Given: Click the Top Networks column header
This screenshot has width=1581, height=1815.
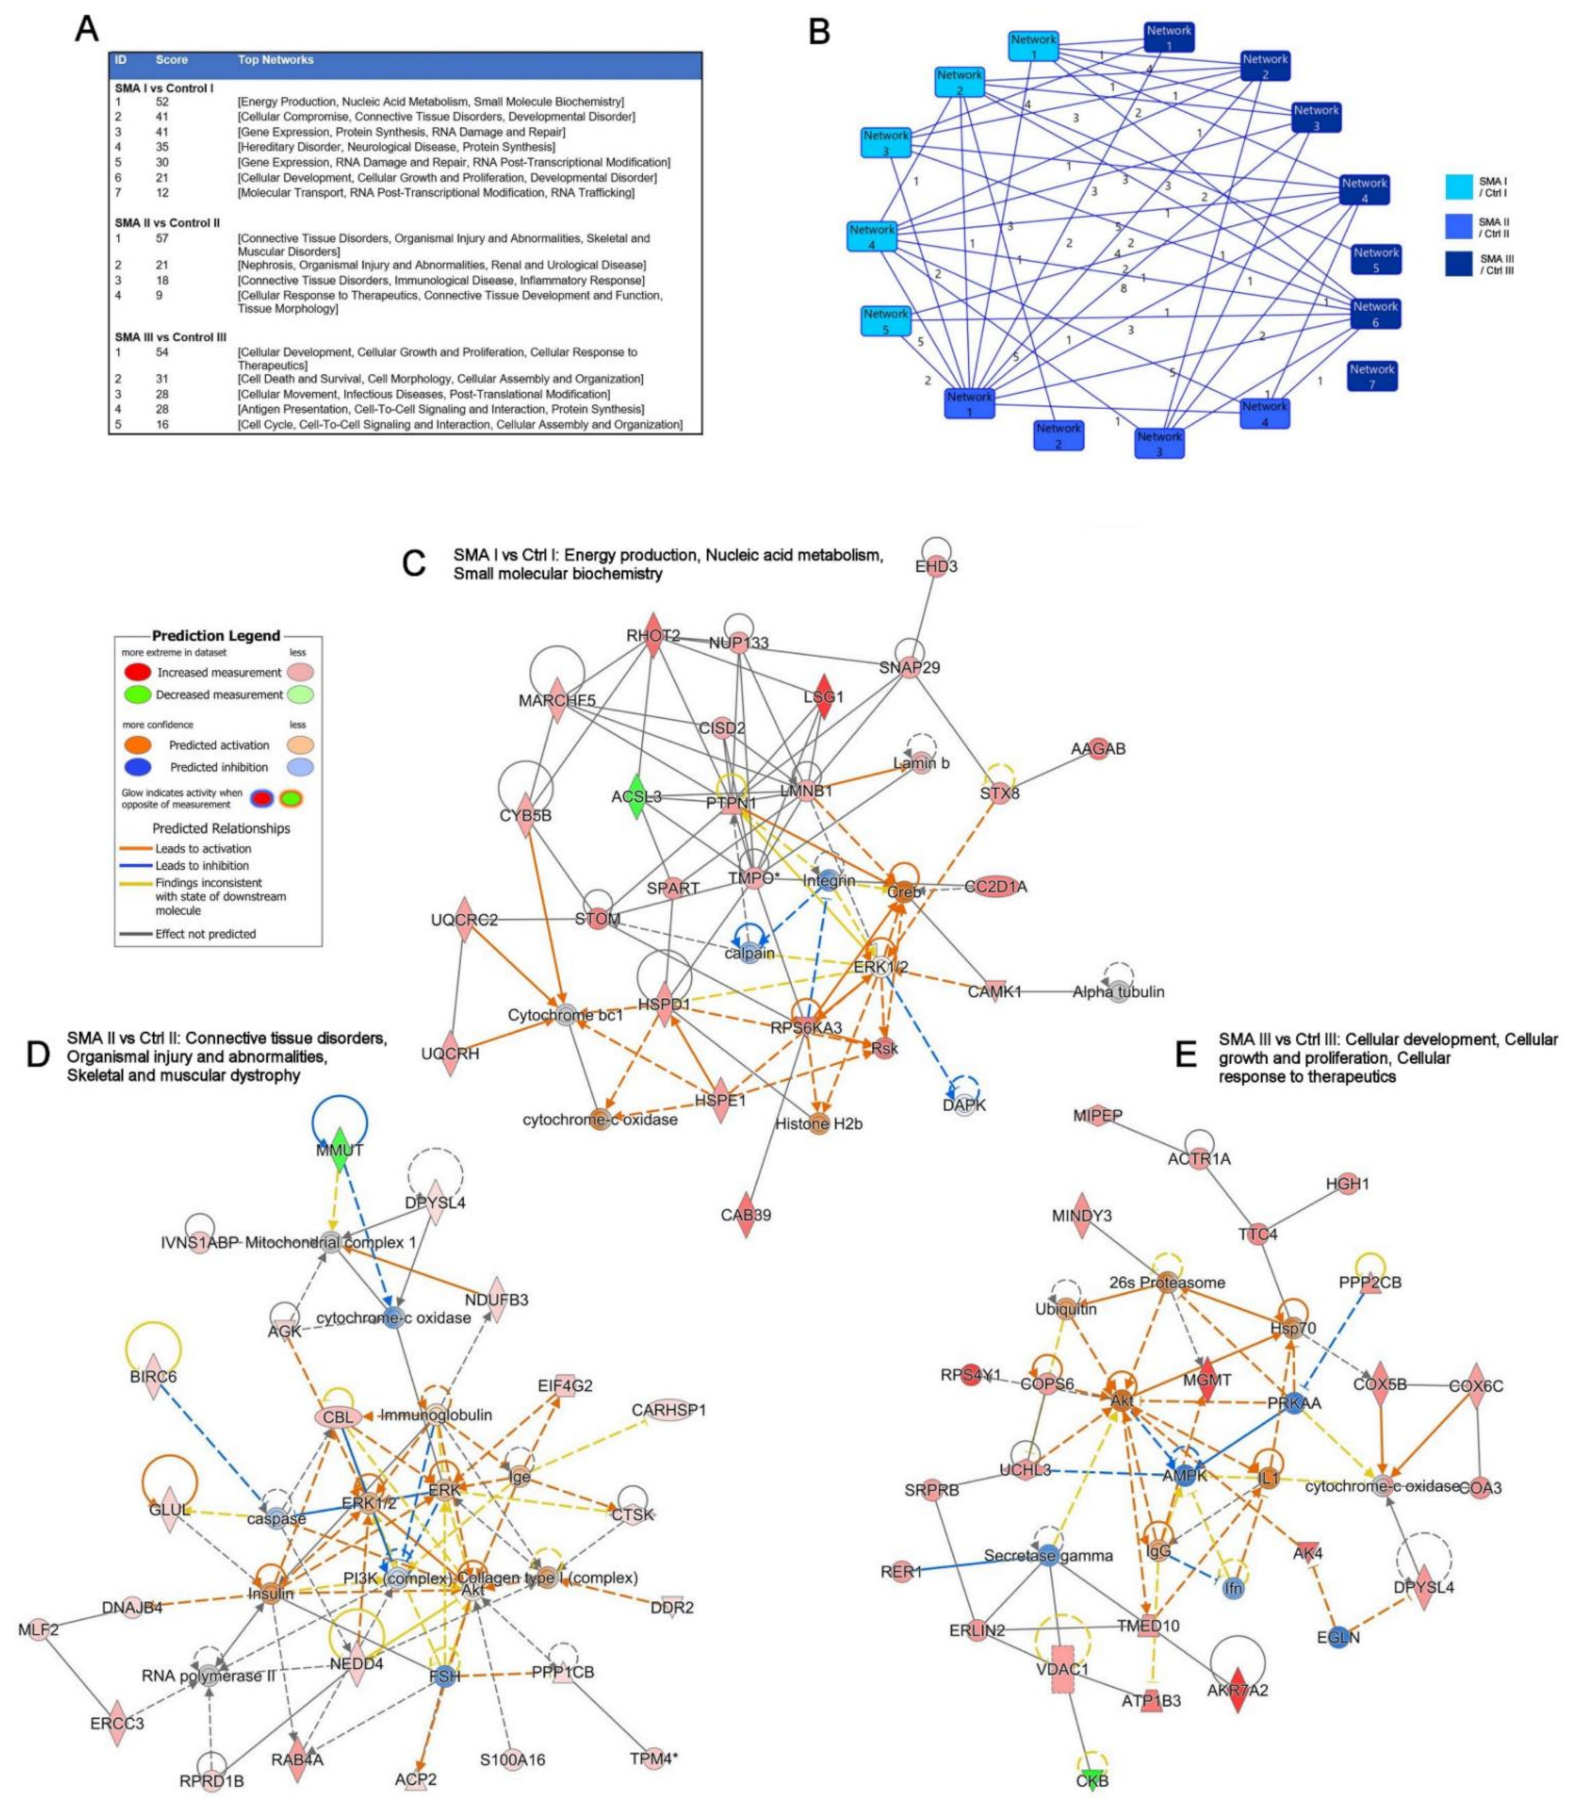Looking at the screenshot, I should (275, 60).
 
